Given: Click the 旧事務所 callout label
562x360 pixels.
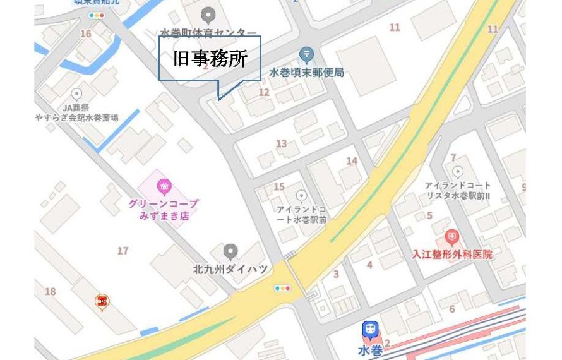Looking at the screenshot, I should (209, 59).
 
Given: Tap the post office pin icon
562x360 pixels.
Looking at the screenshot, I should (307, 55).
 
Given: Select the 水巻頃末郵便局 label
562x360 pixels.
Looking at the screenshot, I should (306, 73).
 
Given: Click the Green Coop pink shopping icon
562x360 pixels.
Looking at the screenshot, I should (164, 186).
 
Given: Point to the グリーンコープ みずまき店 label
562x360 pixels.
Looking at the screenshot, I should (164, 210).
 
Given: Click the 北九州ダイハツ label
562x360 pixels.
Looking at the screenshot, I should (230, 269).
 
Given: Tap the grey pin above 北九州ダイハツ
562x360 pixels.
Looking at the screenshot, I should (230, 251).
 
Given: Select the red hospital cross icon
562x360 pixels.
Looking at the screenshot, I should (451, 238).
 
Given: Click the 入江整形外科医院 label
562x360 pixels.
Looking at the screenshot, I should (451, 255).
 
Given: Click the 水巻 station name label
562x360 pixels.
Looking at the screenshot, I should (370, 349).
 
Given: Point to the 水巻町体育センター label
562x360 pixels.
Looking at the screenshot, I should (208, 33).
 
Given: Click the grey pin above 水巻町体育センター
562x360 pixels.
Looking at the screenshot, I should (208, 15).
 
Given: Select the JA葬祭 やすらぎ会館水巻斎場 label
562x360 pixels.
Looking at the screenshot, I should (77, 112).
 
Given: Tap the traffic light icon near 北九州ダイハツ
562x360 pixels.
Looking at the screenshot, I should (282, 287).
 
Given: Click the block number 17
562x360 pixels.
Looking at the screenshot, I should (123, 251).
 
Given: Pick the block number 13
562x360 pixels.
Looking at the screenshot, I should (281, 144).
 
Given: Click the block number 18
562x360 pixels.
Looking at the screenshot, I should (50, 291).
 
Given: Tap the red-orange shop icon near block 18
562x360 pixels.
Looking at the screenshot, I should (101, 303).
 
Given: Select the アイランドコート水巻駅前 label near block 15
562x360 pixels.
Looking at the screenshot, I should (301, 215).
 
